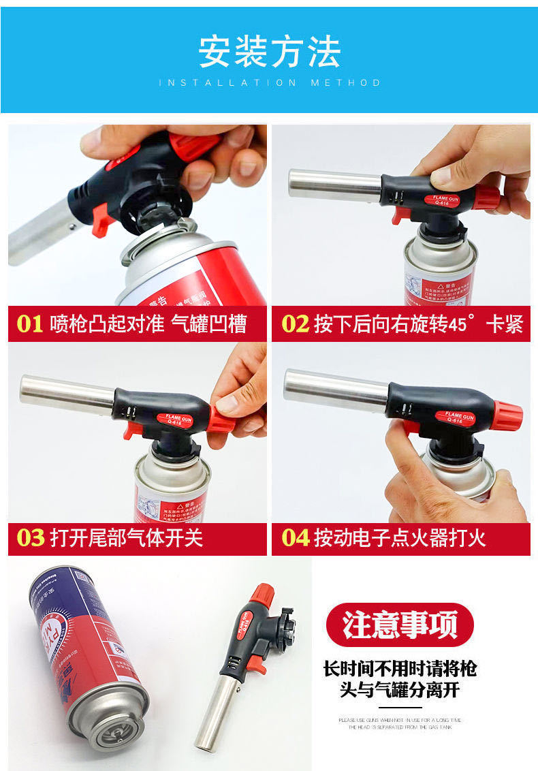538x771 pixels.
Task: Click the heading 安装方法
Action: point(269,52)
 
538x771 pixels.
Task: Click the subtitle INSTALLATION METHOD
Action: point(269,82)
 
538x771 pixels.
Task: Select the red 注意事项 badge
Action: point(399,625)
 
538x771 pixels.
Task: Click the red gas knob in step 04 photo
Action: point(507,416)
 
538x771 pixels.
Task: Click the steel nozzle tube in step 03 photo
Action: point(67,392)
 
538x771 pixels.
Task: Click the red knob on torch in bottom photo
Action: point(262,594)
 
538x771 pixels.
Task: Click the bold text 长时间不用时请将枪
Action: point(399,668)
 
